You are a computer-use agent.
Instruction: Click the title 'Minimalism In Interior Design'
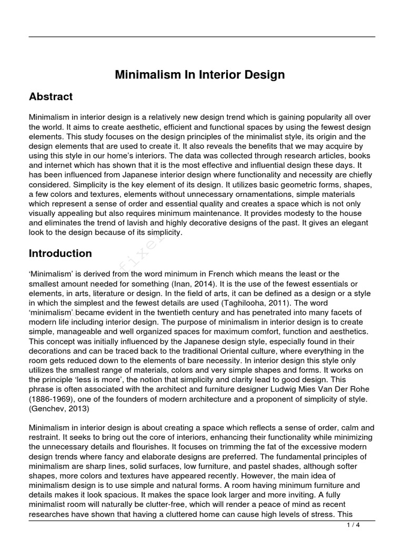200,75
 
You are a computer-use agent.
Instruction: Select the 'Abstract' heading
50,97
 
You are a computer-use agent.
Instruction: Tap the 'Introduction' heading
60,253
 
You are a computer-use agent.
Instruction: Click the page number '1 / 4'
353,525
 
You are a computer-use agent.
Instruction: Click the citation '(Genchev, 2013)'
59,408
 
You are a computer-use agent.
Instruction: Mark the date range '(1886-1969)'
52,399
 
